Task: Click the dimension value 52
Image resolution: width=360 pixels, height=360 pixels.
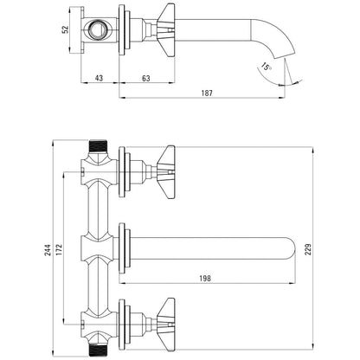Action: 66,29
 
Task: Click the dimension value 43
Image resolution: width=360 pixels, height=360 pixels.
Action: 99,78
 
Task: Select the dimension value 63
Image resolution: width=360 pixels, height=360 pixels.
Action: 146,78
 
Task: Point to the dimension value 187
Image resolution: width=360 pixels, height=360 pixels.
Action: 207,93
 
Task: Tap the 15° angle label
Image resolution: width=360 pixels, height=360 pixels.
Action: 266,67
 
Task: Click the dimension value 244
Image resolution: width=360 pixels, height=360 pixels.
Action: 48,250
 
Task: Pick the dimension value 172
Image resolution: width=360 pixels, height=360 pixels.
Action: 59,250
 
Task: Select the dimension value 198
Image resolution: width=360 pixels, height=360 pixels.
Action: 205,278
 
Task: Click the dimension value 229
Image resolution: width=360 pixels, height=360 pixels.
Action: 308,249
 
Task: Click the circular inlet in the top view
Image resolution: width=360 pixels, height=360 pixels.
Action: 97,29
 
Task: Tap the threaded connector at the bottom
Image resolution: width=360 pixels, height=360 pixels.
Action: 98,350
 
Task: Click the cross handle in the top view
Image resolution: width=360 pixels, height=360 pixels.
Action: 166,30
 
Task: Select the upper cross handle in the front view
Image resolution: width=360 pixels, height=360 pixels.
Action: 166,172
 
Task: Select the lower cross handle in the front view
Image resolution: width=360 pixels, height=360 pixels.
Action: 166,325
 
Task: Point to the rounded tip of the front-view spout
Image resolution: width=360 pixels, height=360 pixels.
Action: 291,249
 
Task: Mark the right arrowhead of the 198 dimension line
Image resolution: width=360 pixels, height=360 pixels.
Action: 292,283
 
